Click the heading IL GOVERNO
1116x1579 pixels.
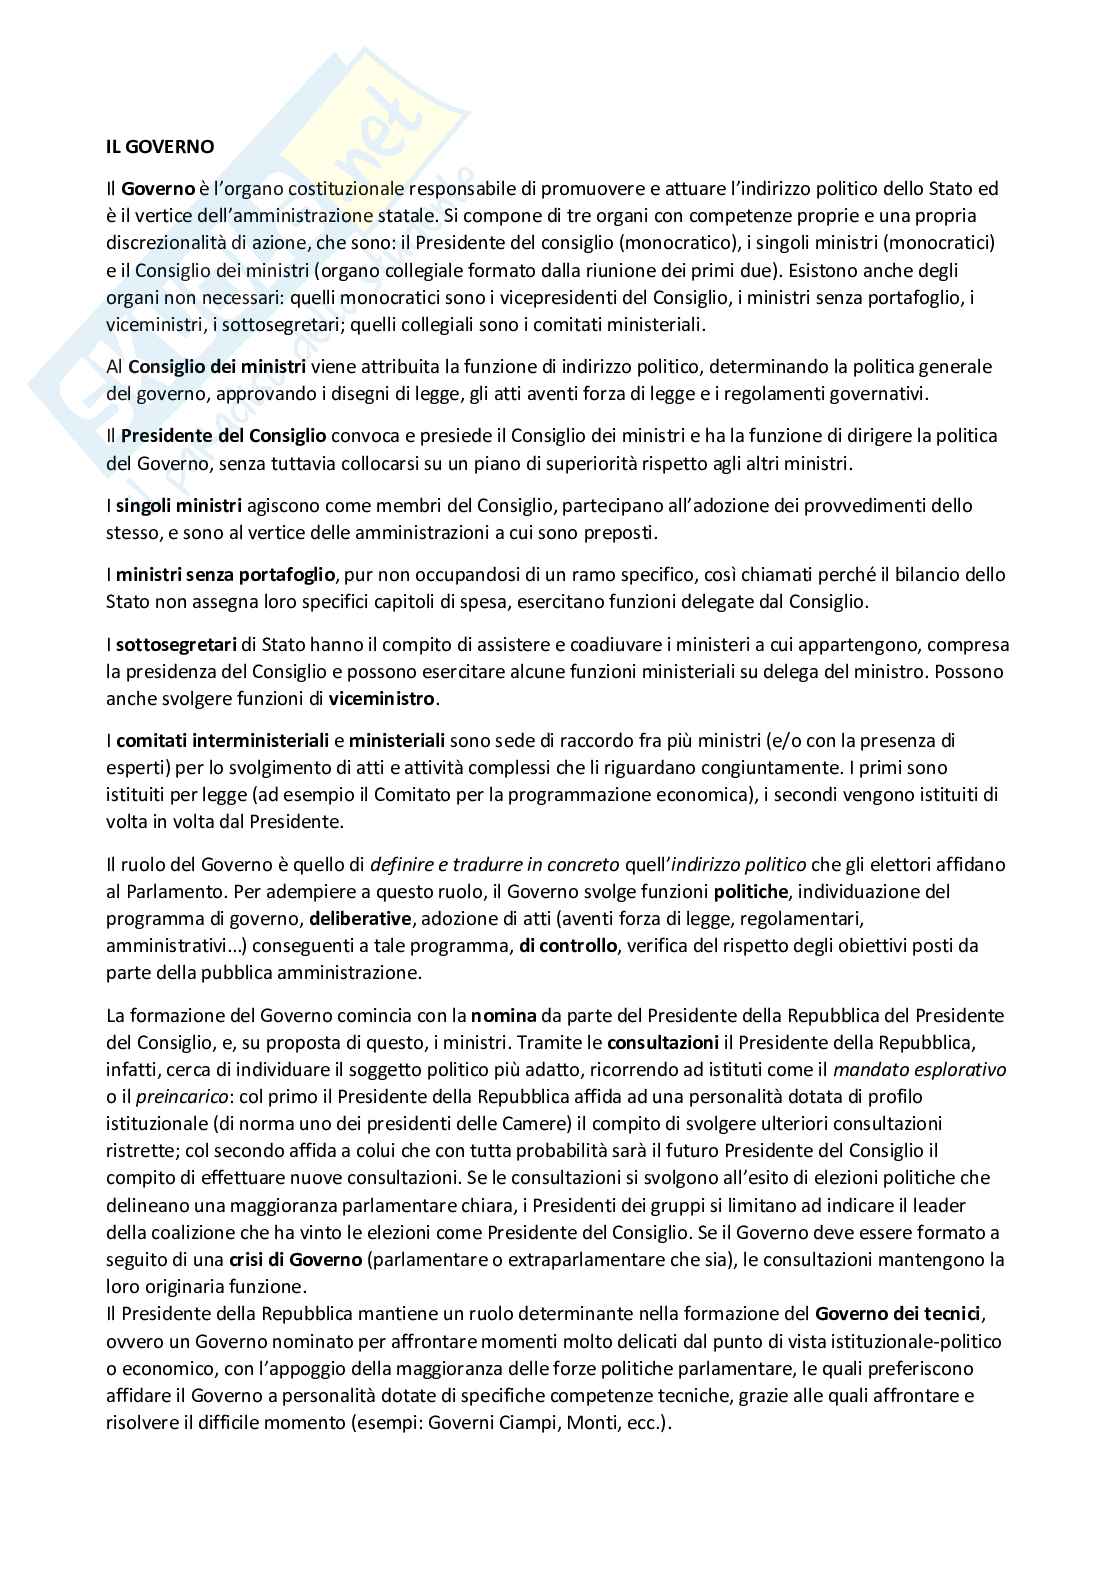(x=160, y=146)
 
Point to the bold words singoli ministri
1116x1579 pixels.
(x=179, y=506)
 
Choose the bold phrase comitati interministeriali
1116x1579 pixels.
(x=223, y=741)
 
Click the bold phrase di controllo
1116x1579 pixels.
(x=567, y=945)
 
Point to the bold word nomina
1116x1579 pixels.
(x=498, y=1015)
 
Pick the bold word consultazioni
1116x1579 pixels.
(x=663, y=1042)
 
